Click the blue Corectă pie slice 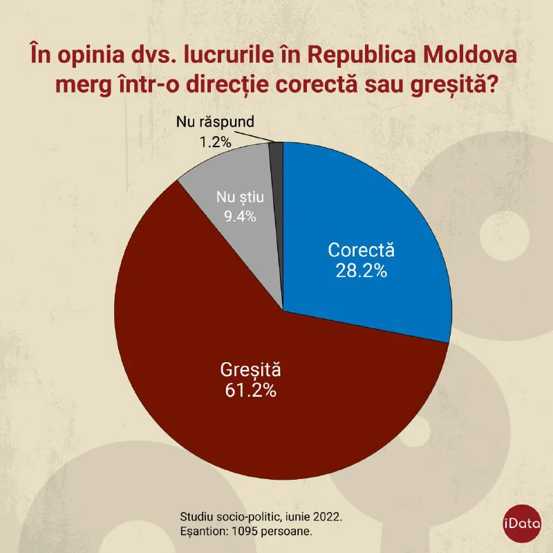(373, 207)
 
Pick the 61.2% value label (250, 390)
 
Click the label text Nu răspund (215, 123)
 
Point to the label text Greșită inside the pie (250, 368)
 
